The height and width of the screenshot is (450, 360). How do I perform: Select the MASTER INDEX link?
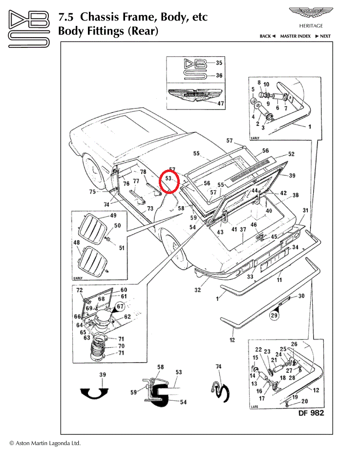295,36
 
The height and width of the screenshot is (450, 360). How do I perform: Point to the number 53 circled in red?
169,179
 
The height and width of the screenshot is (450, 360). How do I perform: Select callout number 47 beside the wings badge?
220,104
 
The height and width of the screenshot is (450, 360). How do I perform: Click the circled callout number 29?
274,316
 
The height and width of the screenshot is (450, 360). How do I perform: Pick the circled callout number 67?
120,306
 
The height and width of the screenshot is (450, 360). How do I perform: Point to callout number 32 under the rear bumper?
197,290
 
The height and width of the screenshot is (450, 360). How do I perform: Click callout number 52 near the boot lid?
291,154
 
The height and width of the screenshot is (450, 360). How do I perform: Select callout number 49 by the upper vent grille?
113,215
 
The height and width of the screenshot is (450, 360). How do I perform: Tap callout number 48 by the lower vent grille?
77,242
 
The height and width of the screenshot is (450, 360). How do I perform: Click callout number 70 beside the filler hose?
121,346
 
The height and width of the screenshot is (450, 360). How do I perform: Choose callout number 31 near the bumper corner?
305,211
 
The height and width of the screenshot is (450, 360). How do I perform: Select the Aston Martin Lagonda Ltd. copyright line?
45,443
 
